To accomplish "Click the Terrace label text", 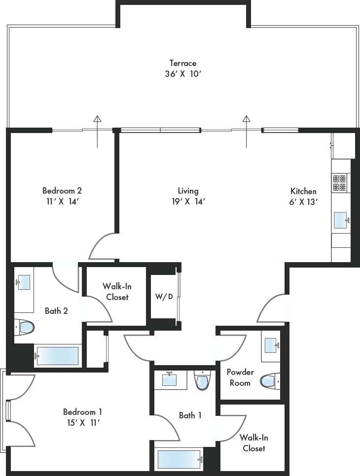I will click(x=183, y=63).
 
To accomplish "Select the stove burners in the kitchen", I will click(x=339, y=183).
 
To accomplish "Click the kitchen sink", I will click(x=341, y=220).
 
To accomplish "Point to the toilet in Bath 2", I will click(x=25, y=326).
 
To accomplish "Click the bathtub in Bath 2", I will click(x=57, y=356).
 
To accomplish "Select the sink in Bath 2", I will click(x=23, y=282).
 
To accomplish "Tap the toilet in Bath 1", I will click(x=202, y=380).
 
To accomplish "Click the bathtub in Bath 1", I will click(x=180, y=459).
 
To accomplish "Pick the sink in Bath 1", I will click(x=170, y=379).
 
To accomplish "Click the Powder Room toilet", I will click(x=269, y=380).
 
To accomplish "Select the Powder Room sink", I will click(x=271, y=345).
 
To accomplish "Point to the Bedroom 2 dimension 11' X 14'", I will click(x=62, y=201).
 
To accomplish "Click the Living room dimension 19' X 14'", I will click(x=188, y=201).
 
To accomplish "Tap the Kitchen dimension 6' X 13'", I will click(x=303, y=202).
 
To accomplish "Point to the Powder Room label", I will click(x=240, y=377).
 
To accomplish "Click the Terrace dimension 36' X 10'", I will click(x=183, y=74).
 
